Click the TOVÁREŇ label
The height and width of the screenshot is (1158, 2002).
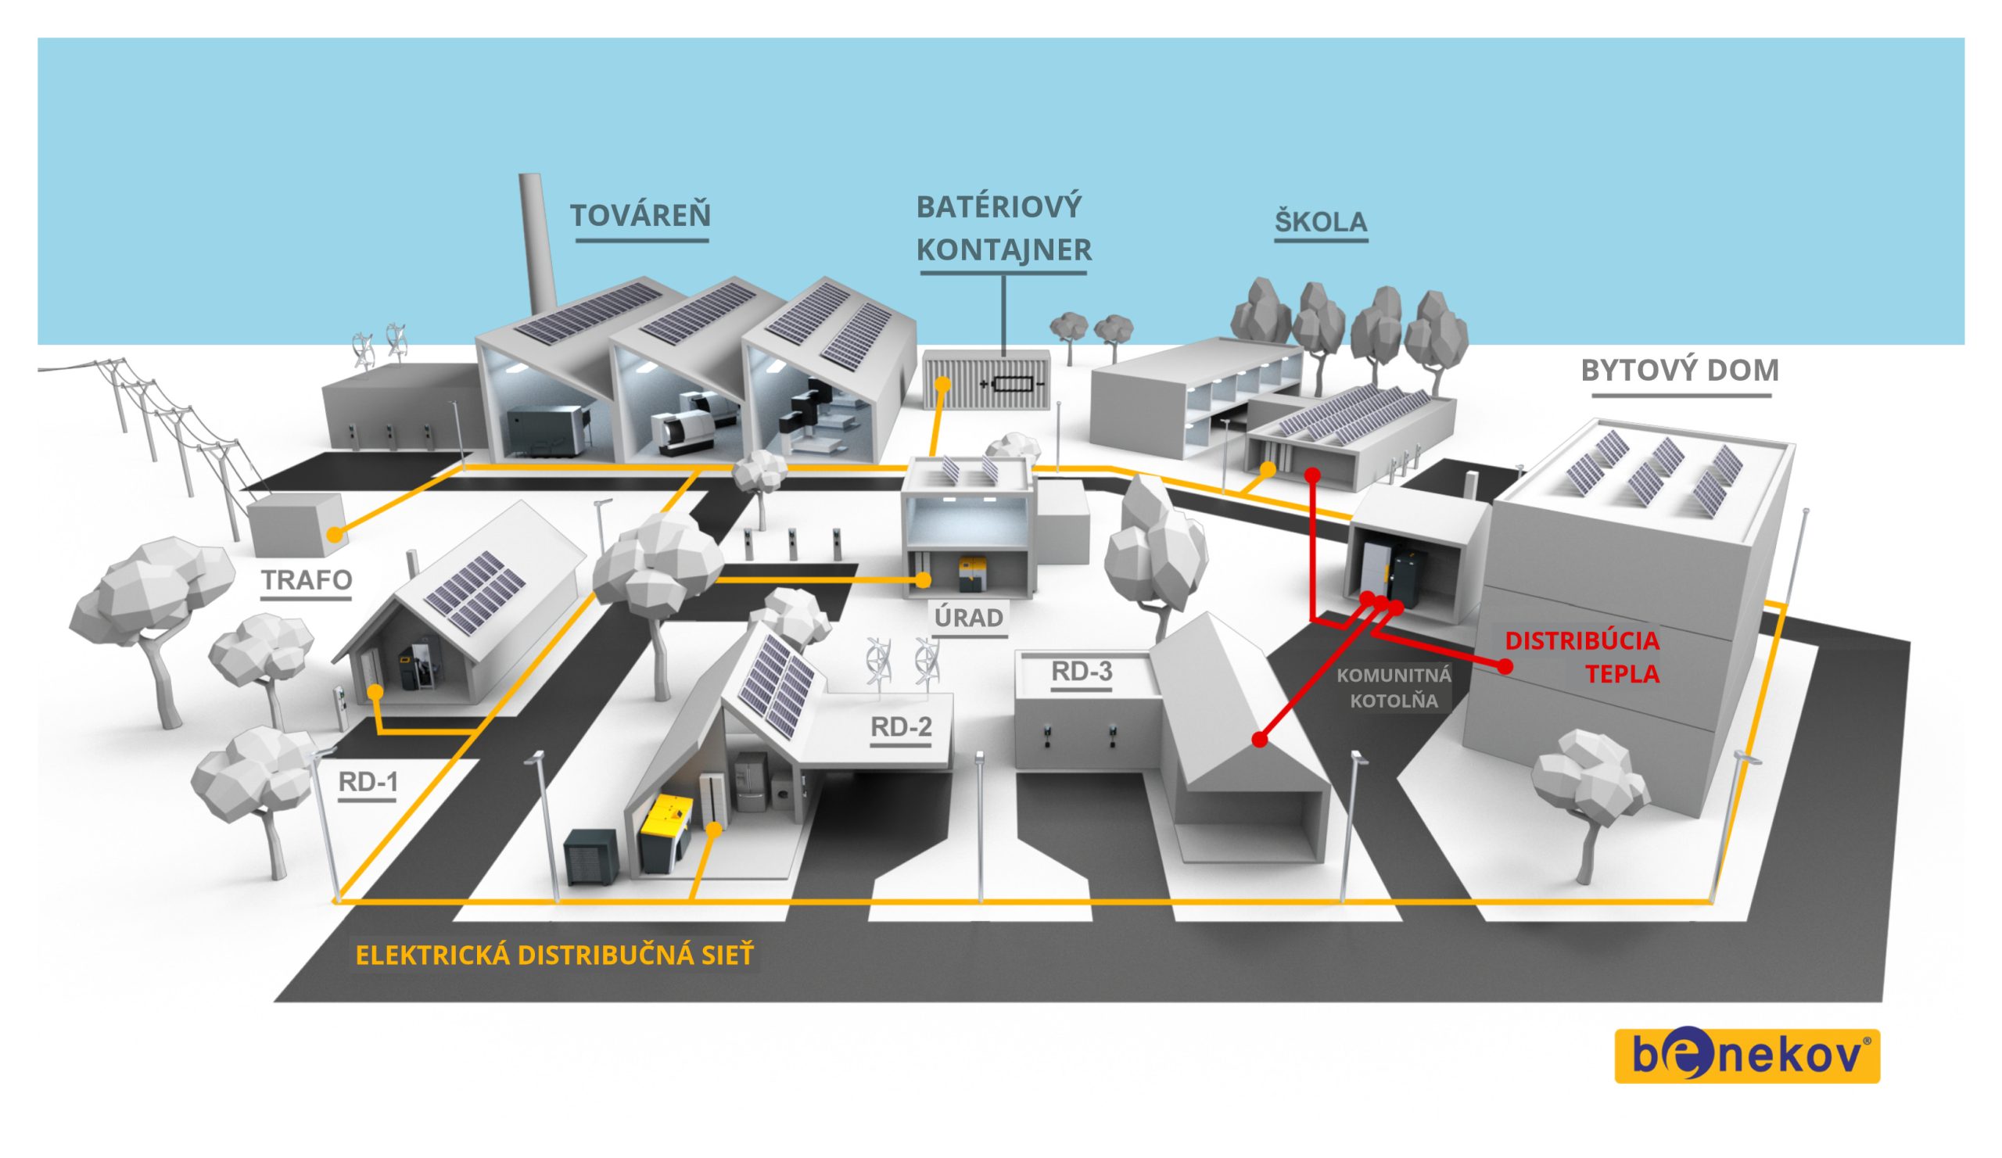640,215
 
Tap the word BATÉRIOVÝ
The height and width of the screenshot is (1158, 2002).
999,207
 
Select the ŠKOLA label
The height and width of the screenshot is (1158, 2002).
1320,221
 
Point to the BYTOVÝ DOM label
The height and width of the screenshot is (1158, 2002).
1680,370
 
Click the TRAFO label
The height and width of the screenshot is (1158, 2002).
307,580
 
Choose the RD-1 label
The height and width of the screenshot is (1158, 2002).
368,782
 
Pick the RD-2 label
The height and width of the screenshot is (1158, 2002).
901,726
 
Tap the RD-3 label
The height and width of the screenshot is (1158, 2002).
1082,671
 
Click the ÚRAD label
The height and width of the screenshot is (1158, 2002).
968,617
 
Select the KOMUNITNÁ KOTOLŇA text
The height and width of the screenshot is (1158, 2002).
1394,688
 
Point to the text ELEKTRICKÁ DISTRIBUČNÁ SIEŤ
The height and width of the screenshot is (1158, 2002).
554,955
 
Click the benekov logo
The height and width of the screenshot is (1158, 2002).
1747,1056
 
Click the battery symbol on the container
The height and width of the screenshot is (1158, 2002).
1012,385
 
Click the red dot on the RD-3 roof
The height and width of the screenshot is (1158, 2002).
1258,740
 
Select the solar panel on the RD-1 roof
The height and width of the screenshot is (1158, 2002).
474,592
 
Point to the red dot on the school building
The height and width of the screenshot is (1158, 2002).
1312,475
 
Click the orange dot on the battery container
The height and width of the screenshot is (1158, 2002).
942,385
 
